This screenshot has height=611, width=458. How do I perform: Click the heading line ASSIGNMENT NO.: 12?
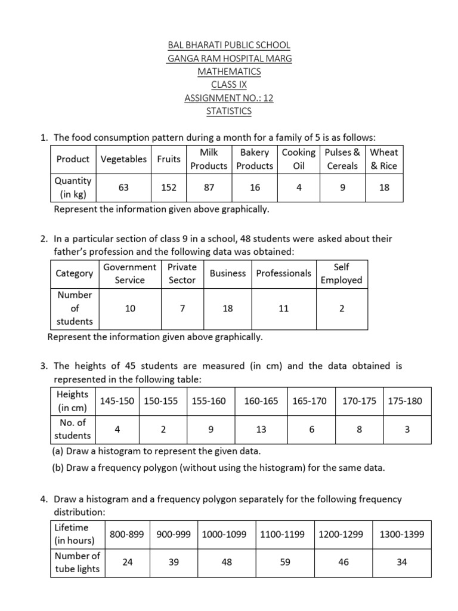[x=229, y=98]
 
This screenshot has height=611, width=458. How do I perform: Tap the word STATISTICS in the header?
[x=229, y=111]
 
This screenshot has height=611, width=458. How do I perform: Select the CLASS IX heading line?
[x=229, y=85]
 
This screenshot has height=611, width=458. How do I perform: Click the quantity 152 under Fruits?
[x=169, y=187]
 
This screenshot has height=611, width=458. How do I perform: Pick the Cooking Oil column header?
[x=299, y=159]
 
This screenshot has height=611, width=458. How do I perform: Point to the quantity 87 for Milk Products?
[x=209, y=187]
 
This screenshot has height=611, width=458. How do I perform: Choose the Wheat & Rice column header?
[x=383, y=159]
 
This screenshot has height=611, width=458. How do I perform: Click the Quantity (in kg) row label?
[x=73, y=187]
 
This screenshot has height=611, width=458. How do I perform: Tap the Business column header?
[x=228, y=273]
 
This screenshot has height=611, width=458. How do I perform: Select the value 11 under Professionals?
[x=283, y=308]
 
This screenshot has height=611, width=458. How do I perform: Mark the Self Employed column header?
[x=341, y=273]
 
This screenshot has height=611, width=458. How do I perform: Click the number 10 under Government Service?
[x=130, y=308]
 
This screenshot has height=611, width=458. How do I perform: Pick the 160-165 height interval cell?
[x=261, y=401]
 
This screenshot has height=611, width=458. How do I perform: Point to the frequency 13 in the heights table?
[x=261, y=429]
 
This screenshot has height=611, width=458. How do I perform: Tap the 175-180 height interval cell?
[x=405, y=401]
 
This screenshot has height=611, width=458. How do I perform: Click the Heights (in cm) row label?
[x=73, y=401]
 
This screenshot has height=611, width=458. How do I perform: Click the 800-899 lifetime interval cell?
[x=127, y=535]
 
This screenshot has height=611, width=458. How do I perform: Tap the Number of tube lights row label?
[x=78, y=562]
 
